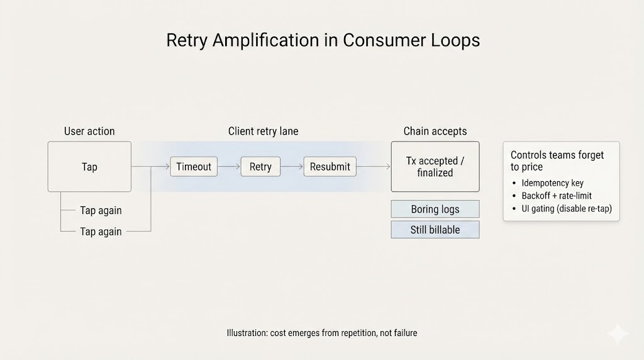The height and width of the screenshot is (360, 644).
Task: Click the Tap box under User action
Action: [x=89, y=167]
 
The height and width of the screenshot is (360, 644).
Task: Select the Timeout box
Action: [x=194, y=167]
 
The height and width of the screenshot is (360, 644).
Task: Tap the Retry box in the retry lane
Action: [x=260, y=167]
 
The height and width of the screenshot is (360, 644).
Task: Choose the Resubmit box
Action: [x=330, y=167]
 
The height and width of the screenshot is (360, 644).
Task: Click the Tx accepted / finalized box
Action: [x=435, y=167]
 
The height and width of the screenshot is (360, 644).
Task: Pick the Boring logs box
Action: [x=435, y=209]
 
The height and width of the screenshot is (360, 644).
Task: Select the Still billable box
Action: [x=435, y=230]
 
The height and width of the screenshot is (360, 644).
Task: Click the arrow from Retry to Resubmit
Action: [x=292, y=167]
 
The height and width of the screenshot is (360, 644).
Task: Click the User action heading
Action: [x=89, y=131]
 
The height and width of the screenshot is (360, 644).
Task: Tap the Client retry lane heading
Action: [x=263, y=131]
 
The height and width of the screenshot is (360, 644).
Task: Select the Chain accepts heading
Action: [x=435, y=131]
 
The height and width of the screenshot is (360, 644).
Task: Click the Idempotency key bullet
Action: [x=552, y=183]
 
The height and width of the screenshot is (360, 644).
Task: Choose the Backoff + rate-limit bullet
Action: [x=557, y=196]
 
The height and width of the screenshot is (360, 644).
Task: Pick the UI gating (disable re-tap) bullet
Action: [x=566, y=208]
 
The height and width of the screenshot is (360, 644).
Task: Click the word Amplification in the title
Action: [x=274, y=40]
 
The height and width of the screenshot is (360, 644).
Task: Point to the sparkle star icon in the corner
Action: [x=618, y=334]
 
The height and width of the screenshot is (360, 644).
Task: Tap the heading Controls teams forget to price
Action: [x=557, y=160]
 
